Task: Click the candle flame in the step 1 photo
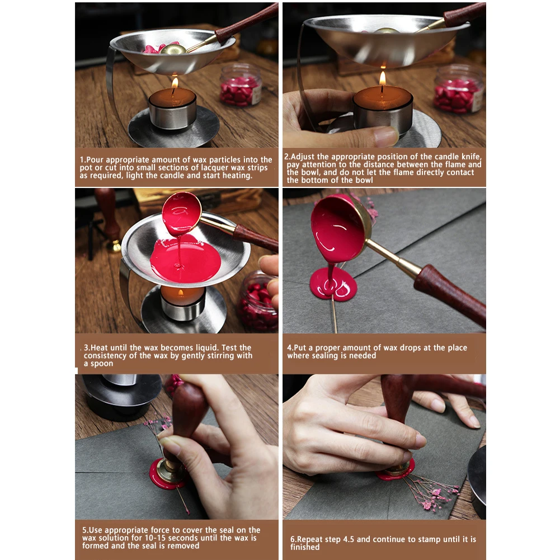click(x=175, y=83)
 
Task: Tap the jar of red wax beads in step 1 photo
click(x=241, y=85)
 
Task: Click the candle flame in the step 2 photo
click(x=383, y=78)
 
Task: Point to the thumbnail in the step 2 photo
click(x=385, y=137)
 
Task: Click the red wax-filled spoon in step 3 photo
click(x=181, y=213)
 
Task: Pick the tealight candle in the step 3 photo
click(x=183, y=303)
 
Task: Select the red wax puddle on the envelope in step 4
click(x=333, y=284)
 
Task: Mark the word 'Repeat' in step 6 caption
click(x=309, y=539)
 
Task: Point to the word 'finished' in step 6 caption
click(x=305, y=547)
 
